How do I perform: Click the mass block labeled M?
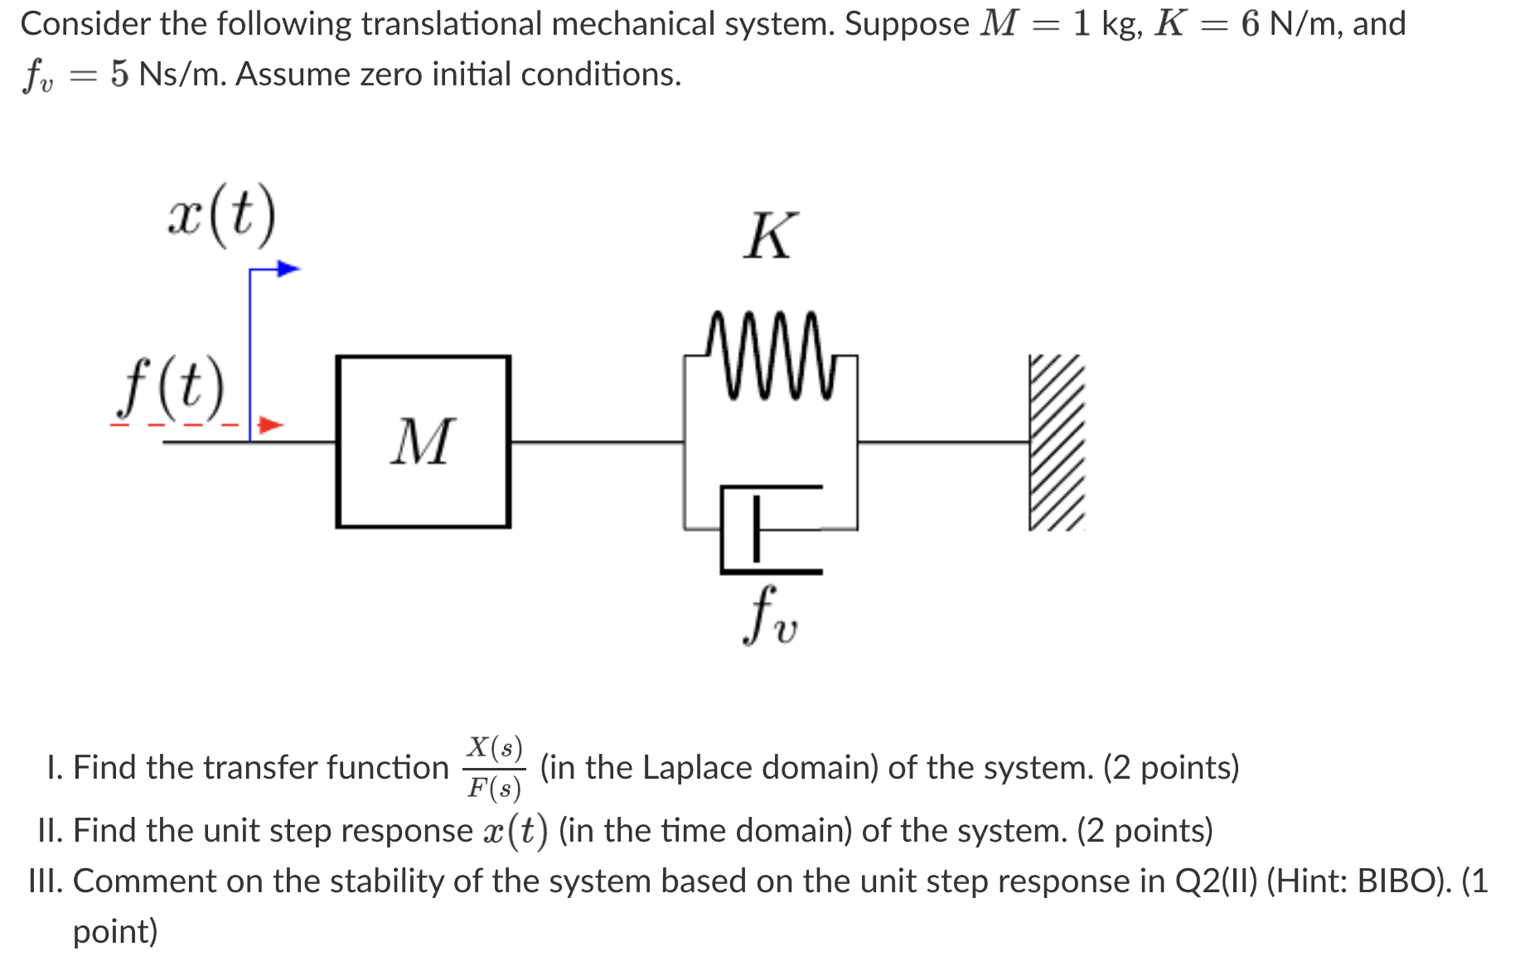pyautogui.click(x=423, y=442)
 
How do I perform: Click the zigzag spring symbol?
pyautogui.click(x=771, y=355)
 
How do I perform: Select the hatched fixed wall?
pyautogui.click(x=1056, y=442)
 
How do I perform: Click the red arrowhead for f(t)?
pyautogui.click(x=270, y=425)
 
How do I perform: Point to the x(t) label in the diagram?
pyautogui.click(x=221, y=215)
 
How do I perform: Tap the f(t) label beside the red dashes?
pyautogui.click(x=171, y=387)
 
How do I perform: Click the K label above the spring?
pyautogui.click(x=770, y=236)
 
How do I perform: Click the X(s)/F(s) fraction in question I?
pyautogui.click(x=495, y=767)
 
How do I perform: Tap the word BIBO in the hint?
pyautogui.click(x=1398, y=881)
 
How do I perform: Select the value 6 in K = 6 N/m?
pyautogui.click(x=1250, y=24)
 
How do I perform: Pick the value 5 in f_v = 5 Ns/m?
pyautogui.click(x=119, y=75)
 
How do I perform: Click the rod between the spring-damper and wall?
pyautogui.click(x=943, y=442)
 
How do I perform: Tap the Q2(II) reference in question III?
pyautogui.click(x=1217, y=881)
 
